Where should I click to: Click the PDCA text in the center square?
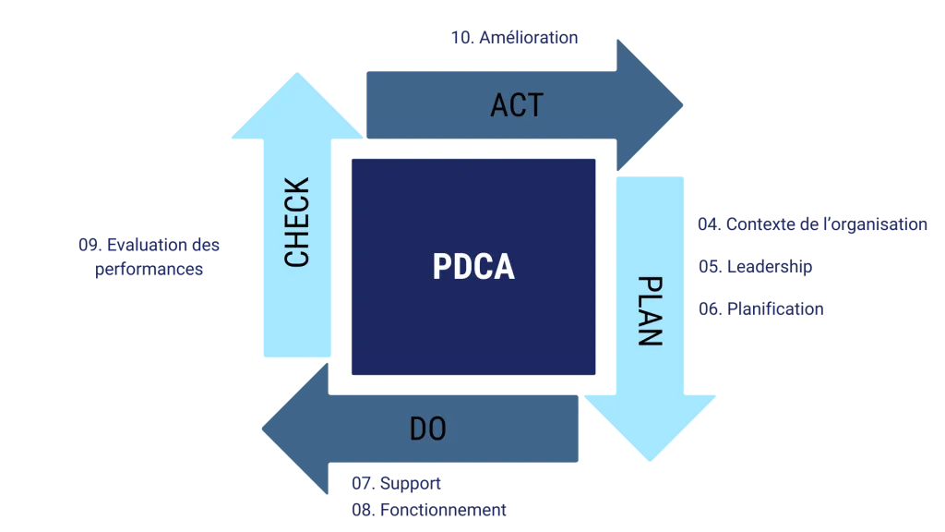[x=473, y=267]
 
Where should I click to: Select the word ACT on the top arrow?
[x=517, y=105]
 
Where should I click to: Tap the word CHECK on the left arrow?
[x=297, y=223]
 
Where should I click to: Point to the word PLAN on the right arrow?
[x=650, y=310]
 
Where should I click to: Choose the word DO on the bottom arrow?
[x=427, y=429]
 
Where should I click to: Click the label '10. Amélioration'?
[x=516, y=38]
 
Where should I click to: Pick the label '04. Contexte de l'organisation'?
[x=812, y=224]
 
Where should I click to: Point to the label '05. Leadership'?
[x=753, y=267]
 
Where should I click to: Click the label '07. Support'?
[x=394, y=483]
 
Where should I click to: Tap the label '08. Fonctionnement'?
[x=427, y=509]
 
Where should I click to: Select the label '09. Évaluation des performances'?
[x=149, y=258]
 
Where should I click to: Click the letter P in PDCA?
[x=442, y=267]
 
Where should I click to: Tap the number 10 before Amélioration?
[x=461, y=38]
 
